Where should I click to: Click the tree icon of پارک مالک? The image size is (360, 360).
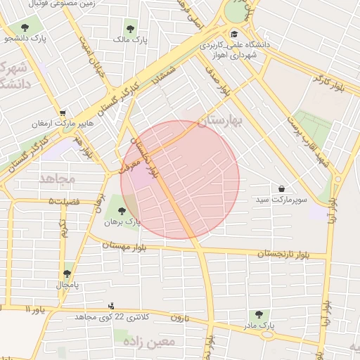(x=129, y=29)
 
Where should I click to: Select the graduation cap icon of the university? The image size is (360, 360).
(x=233, y=33)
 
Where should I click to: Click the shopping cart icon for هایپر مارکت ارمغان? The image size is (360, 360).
(x=63, y=113)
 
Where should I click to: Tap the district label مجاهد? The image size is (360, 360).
(x=57, y=179)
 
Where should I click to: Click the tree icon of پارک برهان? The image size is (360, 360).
(x=122, y=210)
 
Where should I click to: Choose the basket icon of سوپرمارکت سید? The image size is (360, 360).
(x=282, y=189)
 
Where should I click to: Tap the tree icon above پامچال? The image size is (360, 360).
(x=67, y=274)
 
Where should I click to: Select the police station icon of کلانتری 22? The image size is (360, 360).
(x=111, y=307)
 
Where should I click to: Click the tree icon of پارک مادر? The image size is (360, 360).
(x=258, y=314)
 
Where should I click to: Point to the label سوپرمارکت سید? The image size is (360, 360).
(x=281, y=200)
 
